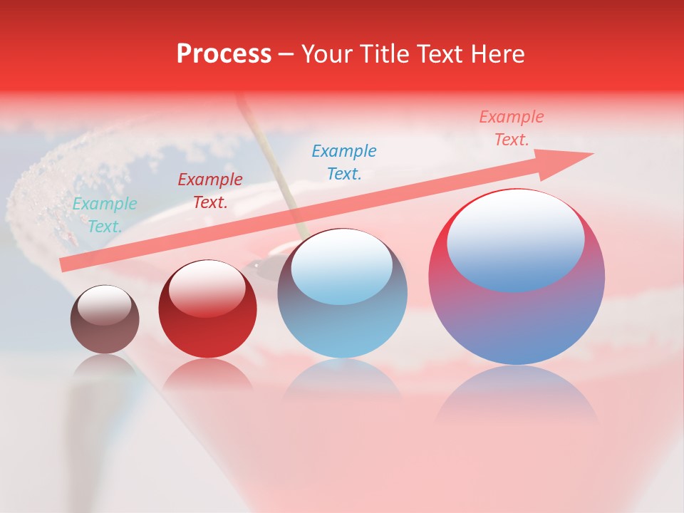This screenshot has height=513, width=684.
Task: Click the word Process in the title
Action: click(x=224, y=54)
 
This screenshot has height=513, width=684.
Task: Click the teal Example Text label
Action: click(x=105, y=215)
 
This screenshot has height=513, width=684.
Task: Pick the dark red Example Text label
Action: click(x=210, y=191)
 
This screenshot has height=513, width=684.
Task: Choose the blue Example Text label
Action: click(x=344, y=162)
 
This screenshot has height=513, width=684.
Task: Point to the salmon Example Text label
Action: click(x=512, y=128)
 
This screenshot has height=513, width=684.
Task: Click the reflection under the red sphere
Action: click(x=207, y=374)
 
